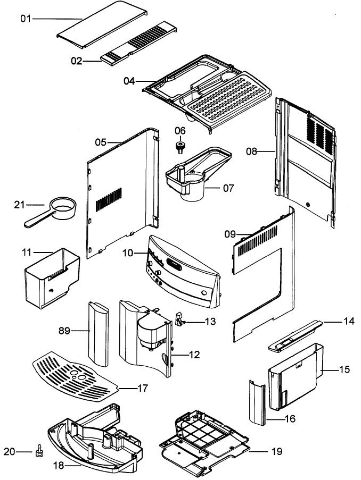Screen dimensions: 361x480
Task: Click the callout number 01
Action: (x=26, y=19)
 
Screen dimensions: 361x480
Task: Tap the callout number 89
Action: (x=64, y=331)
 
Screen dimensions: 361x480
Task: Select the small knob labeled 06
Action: (x=180, y=147)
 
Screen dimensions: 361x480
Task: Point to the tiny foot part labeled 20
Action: (x=39, y=451)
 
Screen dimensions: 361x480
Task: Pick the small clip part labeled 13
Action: (x=180, y=319)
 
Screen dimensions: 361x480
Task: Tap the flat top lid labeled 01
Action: (x=102, y=24)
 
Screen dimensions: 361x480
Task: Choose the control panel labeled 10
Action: (x=183, y=271)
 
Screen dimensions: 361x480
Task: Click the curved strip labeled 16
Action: (x=257, y=402)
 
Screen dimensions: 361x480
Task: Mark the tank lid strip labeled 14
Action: (x=296, y=336)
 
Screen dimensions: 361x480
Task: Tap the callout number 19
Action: (x=277, y=451)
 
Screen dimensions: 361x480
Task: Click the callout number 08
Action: (x=251, y=151)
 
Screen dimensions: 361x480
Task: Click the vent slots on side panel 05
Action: (x=109, y=199)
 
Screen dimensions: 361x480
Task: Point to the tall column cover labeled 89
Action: (x=99, y=334)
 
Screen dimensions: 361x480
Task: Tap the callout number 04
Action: (x=129, y=81)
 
